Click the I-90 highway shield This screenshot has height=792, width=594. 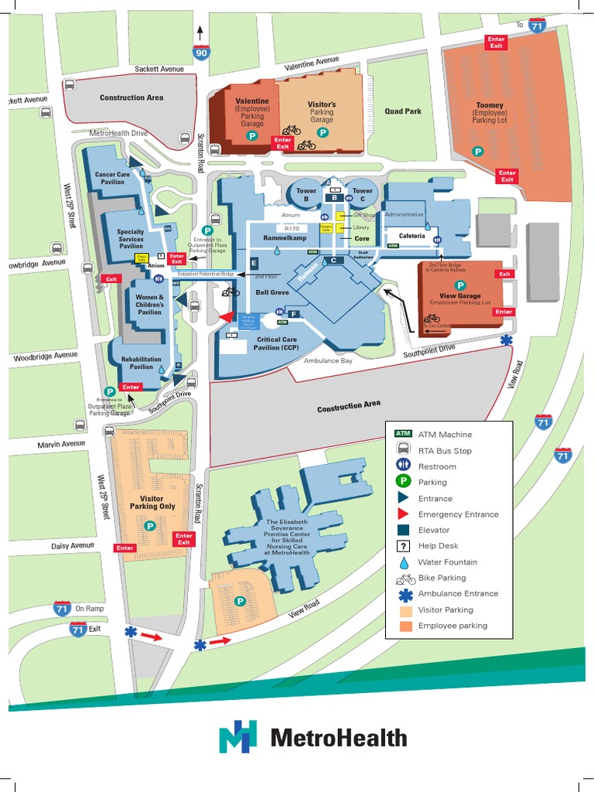[200, 53]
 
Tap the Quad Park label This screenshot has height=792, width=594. [403, 111]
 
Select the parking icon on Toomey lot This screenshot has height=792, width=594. [477, 152]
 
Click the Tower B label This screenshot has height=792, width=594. [306, 194]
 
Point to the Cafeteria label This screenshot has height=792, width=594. [411, 235]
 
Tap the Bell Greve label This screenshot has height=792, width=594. [272, 293]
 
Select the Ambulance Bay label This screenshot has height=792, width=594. [327, 361]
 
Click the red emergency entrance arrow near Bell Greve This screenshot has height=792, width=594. [225, 316]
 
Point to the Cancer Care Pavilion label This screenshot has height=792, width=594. [112, 178]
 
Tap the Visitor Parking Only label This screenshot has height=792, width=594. [152, 503]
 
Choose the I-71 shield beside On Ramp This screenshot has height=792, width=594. [63, 608]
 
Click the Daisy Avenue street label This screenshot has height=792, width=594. [73, 546]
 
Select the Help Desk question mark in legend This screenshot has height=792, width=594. [403, 546]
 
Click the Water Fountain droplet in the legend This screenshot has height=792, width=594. [403, 562]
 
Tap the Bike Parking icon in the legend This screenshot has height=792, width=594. [405, 579]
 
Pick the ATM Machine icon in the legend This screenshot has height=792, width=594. [403, 434]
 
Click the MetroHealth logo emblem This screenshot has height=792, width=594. [237, 737]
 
